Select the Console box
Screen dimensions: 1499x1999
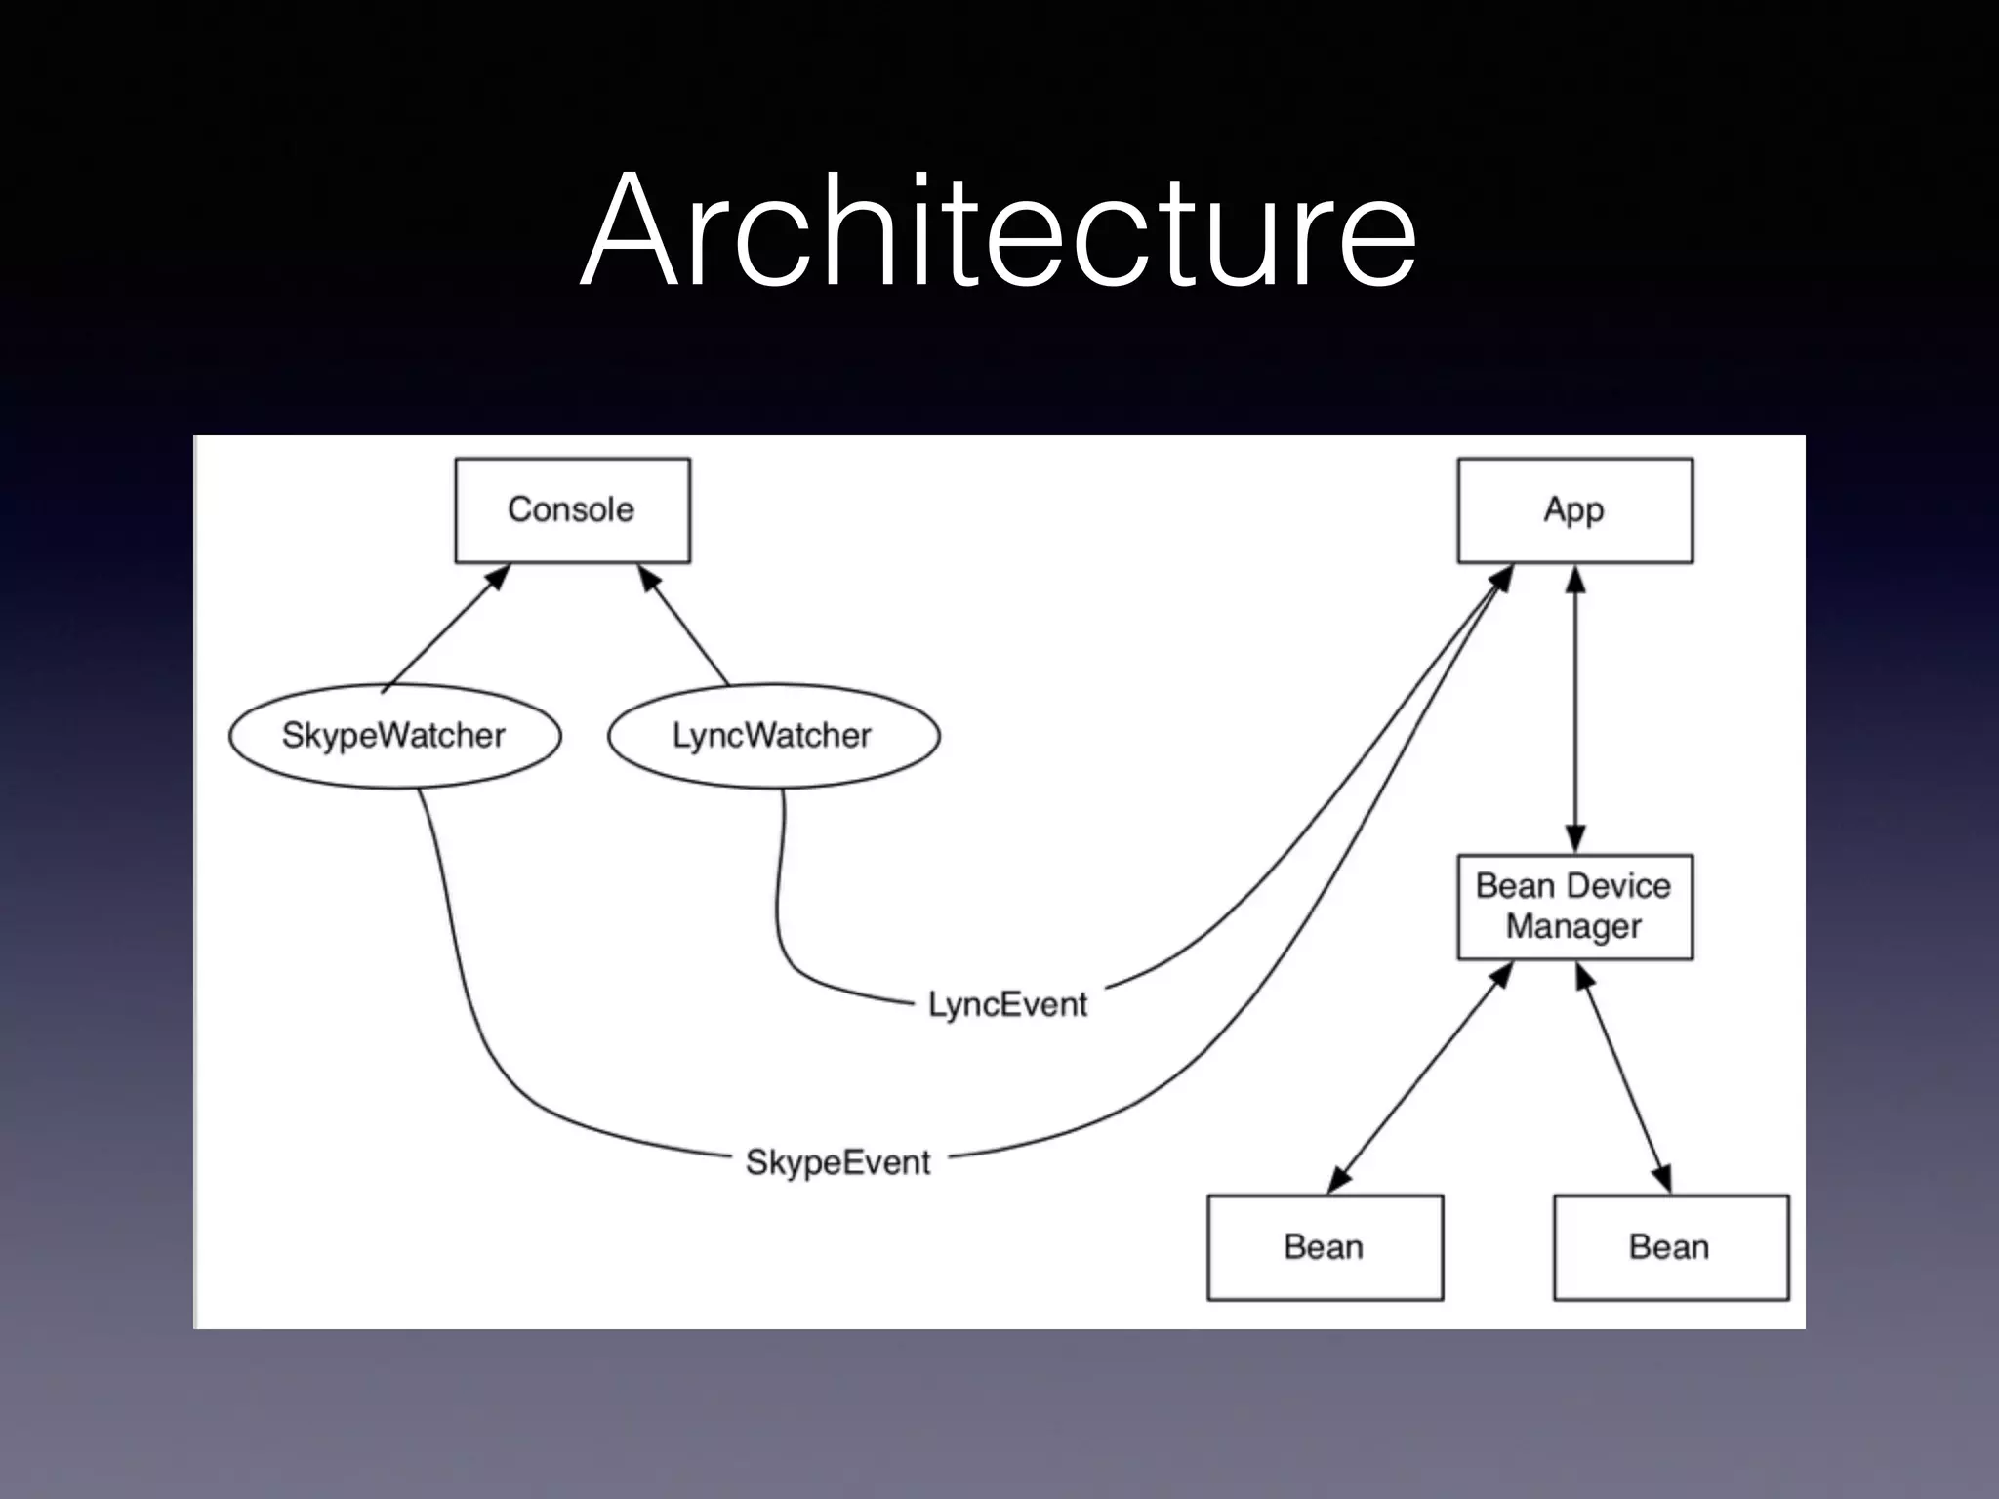573,510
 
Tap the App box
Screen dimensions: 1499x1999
1574,510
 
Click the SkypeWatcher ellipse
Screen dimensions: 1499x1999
394,736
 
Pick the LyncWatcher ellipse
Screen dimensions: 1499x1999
773,736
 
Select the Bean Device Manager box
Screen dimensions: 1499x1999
1574,907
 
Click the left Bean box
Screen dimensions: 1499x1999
1325,1247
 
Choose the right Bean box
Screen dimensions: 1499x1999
1670,1247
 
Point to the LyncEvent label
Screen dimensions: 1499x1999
1007,1004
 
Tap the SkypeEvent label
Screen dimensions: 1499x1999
837,1162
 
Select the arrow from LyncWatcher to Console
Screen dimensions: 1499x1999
684,625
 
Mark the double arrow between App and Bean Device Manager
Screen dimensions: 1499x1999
1574,708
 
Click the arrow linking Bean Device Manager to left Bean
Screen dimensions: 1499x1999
1420,1077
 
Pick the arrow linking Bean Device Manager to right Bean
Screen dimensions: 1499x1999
1624,1077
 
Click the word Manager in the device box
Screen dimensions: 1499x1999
1573,926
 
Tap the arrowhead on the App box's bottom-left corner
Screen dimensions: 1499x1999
1502,577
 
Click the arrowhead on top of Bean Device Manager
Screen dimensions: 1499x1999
1574,839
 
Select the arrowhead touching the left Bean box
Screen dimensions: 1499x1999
1339,1180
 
